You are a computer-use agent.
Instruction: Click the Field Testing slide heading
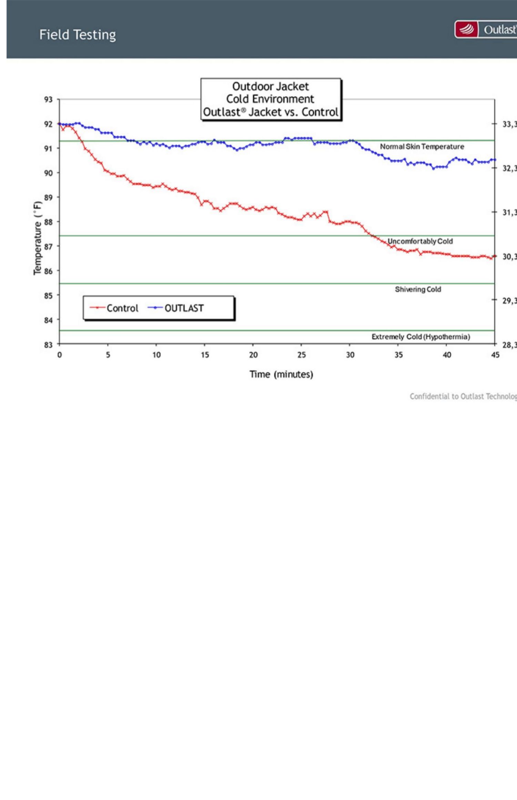pos(78,35)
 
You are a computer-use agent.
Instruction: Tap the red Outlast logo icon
pos(467,30)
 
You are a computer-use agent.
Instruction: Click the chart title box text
pos(271,99)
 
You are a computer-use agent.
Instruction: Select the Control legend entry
pos(114,308)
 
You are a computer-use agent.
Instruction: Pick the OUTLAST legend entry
pos(176,308)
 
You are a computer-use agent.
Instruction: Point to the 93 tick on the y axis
pos(48,100)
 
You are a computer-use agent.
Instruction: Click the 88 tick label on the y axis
pos(48,222)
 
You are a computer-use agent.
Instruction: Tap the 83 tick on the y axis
pos(48,345)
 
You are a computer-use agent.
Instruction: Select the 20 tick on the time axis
pos(253,355)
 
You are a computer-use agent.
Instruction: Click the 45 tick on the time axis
pos(495,355)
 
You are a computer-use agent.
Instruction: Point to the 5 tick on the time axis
pos(108,355)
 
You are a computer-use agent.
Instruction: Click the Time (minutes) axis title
pos(281,375)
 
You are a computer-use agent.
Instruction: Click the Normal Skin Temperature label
pos(422,147)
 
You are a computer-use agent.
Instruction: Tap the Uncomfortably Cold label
pos(420,241)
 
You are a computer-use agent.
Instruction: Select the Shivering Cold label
pos(418,289)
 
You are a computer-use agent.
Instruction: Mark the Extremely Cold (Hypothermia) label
pos(420,337)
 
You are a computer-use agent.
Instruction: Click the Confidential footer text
pos(463,397)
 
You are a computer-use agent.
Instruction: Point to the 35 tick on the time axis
pos(398,355)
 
